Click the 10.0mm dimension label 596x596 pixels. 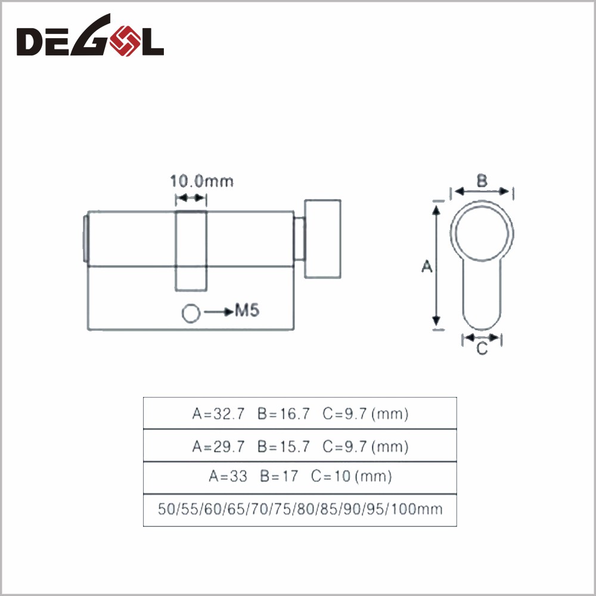(x=202, y=181)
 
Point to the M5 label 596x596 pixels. (x=247, y=311)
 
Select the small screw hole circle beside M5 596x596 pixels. (x=191, y=313)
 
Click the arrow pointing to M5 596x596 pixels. (x=219, y=311)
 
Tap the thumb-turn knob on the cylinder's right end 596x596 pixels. (x=323, y=238)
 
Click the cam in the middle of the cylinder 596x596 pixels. (x=191, y=250)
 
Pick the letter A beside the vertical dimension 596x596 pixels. (x=427, y=266)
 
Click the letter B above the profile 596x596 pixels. (x=482, y=180)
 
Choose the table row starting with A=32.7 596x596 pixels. (x=300, y=414)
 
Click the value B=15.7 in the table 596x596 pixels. (x=284, y=446)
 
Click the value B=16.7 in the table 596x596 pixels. (x=284, y=414)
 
